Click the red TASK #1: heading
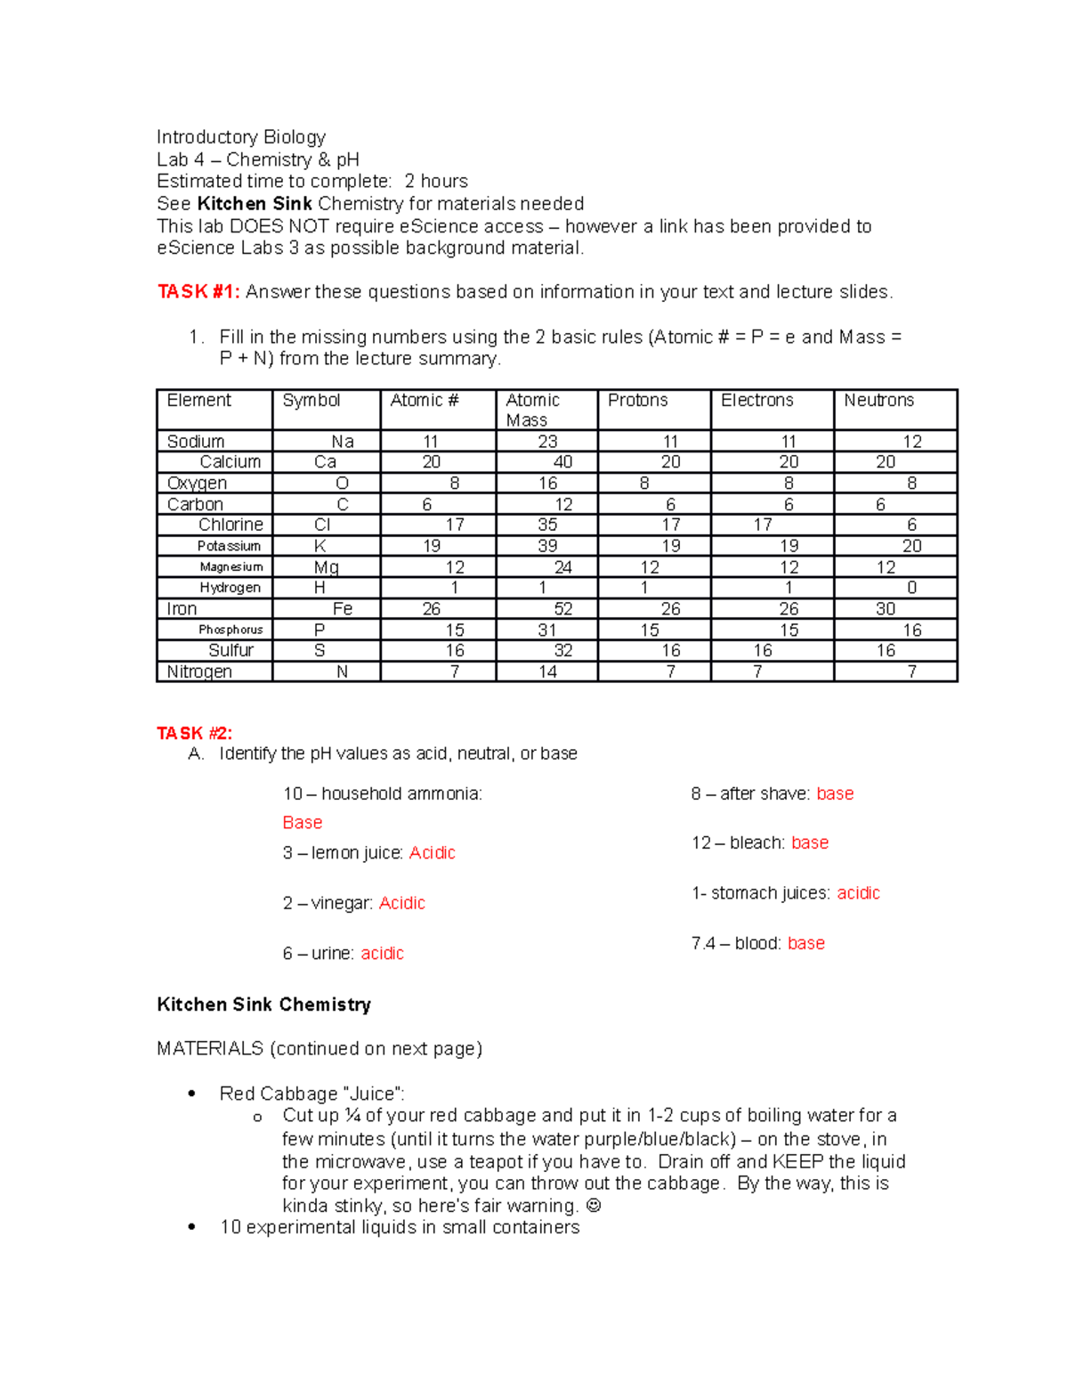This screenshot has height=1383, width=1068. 198,292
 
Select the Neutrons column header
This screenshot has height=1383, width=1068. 878,401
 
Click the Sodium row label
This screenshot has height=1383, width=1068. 196,442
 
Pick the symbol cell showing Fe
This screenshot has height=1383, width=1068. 343,609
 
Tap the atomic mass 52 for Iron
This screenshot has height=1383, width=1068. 562,609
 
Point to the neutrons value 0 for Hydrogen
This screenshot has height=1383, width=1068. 911,588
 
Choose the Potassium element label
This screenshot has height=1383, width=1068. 229,546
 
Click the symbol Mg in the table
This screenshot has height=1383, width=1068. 326,567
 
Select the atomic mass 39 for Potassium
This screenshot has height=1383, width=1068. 547,546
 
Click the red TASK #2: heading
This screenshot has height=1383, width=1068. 194,733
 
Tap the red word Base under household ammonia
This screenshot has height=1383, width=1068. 303,823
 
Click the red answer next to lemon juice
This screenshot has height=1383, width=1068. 432,853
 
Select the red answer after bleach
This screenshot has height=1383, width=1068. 810,842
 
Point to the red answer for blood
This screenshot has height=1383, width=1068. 806,943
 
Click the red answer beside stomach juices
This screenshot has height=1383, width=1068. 858,893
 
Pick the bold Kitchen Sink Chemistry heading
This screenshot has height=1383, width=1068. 263,1005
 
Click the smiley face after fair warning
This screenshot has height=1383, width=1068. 594,1206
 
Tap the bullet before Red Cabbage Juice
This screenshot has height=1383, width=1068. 191,1094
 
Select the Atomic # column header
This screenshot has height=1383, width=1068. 425,401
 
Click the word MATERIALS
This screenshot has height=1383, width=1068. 210,1049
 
